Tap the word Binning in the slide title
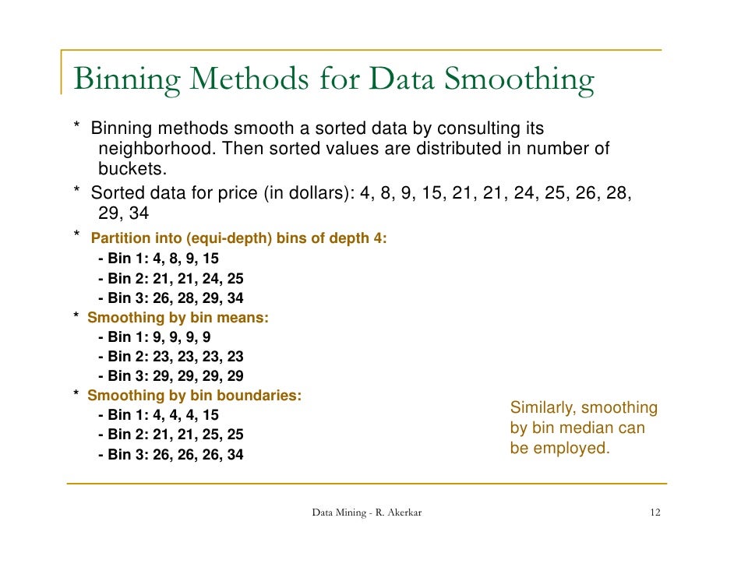click(129, 80)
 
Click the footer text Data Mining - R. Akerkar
click(367, 512)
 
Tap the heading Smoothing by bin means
click(178, 318)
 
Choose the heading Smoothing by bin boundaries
click(194, 396)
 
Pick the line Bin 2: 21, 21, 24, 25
click(171, 279)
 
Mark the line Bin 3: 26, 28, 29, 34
click(171, 298)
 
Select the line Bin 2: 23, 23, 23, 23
click(171, 357)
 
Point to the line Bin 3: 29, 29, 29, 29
click(171, 376)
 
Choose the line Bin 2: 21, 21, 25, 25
click(171, 435)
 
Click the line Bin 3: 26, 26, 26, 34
click(171, 454)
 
